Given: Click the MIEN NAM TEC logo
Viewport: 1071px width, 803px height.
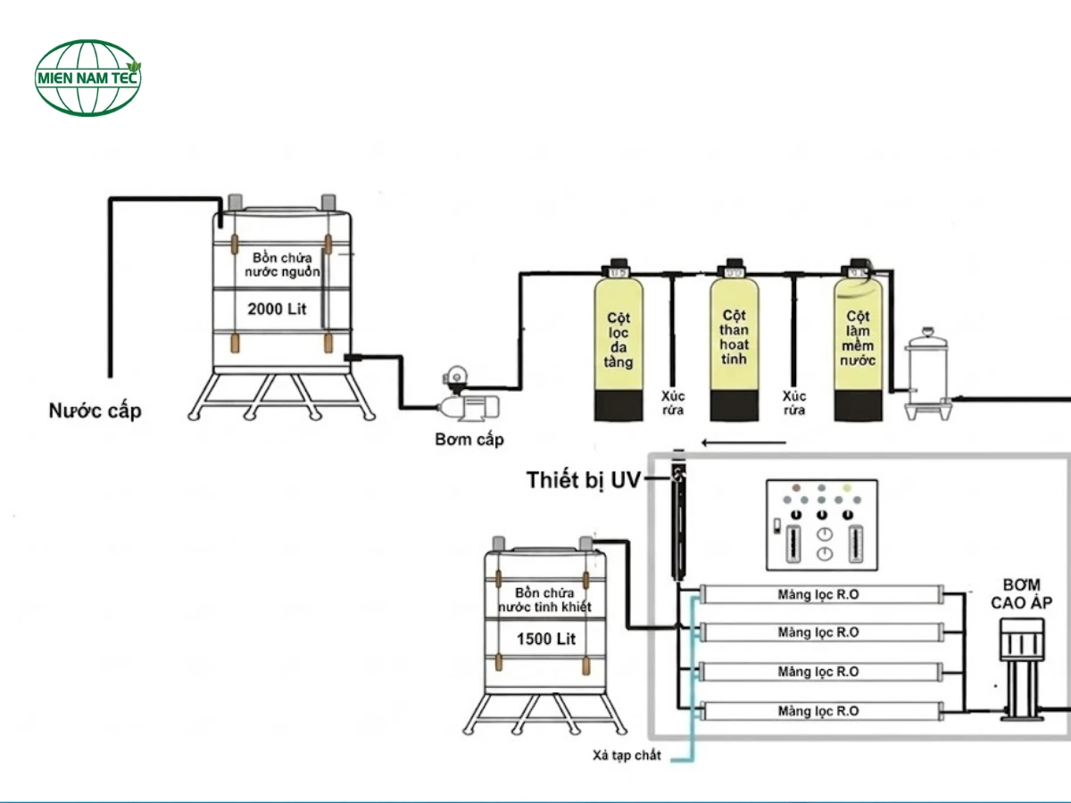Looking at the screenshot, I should (x=88, y=77).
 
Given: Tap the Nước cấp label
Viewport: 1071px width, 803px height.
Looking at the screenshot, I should (x=95, y=411).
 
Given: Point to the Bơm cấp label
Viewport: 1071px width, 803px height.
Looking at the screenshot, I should (x=469, y=439).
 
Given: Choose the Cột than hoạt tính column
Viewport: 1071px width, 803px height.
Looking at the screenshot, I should (x=735, y=344).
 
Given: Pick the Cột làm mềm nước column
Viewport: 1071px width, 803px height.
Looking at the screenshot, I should (x=859, y=344).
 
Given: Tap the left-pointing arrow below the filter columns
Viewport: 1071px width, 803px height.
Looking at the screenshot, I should (x=743, y=442).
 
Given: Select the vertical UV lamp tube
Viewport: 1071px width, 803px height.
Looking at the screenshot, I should (x=678, y=522).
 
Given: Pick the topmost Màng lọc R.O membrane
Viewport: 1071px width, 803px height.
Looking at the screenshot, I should (x=818, y=593).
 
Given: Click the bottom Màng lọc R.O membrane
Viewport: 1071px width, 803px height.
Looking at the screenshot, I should (x=818, y=711).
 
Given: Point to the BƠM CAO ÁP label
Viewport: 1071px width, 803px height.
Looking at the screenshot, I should (x=1021, y=593).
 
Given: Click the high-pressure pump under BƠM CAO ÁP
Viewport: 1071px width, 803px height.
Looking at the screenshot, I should (x=1020, y=669).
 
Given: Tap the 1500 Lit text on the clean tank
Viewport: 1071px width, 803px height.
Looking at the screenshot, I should (x=546, y=639).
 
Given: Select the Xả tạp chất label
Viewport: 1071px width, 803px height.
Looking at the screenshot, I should (x=627, y=756).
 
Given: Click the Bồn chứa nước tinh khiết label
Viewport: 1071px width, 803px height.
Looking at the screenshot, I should (x=545, y=600).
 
